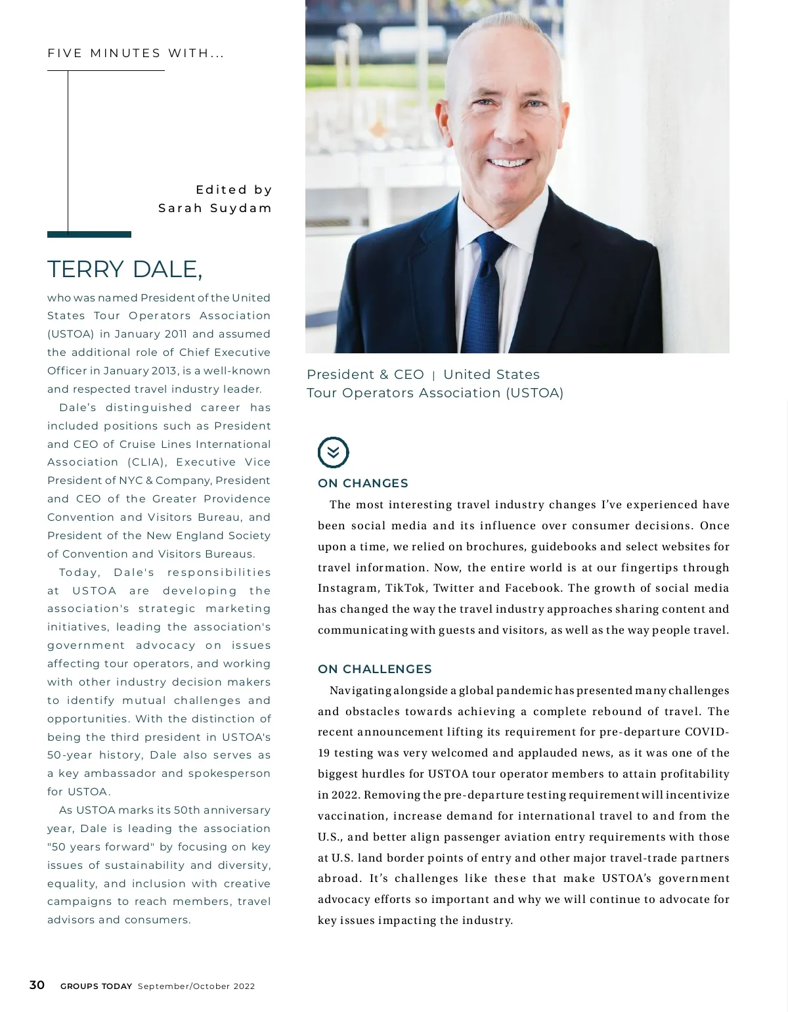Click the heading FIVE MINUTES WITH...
pyautogui.click(x=136, y=53)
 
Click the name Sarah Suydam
pyautogui.click(x=215, y=208)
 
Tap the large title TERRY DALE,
pyautogui.click(x=125, y=269)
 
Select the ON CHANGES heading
pyautogui.click(x=362, y=483)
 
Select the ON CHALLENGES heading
pyautogui.click(x=374, y=669)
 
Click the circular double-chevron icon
pyautogui.click(x=334, y=452)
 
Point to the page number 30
pyautogui.click(x=37, y=985)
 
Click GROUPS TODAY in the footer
pyautogui.click(x=96, y=986)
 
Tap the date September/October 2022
pyautogui.click(x=196, y=986)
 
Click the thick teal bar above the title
pyautogui.click(x=89, y=234)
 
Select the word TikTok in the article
pyautogui.click(x=405, y=588)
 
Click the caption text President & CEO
pyautogui.click(x=365, y=375)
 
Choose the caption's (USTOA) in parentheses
pyautogui.click(x=535, y=393)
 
